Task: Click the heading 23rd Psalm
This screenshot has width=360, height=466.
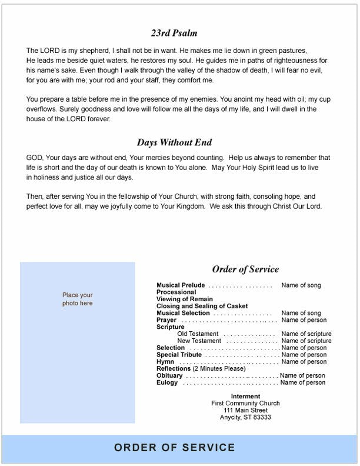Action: coord(174,33)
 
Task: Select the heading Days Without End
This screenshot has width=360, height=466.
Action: coord(174,142)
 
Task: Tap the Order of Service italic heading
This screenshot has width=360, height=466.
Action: coord(245,269)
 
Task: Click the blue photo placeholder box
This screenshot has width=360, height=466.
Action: coord(77,342)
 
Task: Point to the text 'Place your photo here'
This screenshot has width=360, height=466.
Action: coord(78,299)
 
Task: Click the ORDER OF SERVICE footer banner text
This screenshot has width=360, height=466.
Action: coord(175,448)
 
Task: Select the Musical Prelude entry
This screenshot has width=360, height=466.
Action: coord(181,285)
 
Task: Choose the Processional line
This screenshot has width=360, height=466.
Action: coord(176,292)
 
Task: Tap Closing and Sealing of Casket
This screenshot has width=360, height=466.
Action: coord(202,307)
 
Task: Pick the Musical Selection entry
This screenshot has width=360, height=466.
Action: coord(183,314)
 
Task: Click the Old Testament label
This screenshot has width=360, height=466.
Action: coord(199,334)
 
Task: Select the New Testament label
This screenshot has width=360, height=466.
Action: coord(199,341)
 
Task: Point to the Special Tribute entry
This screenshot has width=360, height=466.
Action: coord(179,355)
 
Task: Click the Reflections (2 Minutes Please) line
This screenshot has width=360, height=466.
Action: coord(201,369)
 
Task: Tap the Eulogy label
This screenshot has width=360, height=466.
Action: coord(167,383)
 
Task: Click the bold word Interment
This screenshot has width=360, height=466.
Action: coord(246,396)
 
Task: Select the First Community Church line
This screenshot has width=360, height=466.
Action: coord(246,403)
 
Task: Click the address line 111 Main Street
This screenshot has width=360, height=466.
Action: coord(246,410)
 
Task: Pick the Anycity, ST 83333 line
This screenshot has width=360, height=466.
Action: coord(246,417)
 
